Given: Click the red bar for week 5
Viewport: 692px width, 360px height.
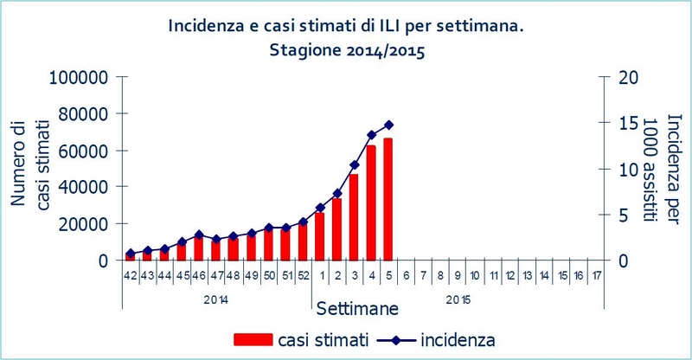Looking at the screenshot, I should (x=388, y=199).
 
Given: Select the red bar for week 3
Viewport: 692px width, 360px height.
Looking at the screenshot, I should (x=354, y=216).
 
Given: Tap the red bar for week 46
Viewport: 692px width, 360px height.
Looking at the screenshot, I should (x=199, y=247).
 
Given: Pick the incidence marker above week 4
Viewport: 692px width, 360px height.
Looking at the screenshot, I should (x=371, y=135).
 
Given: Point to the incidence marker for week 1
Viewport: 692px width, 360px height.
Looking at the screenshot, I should (x=320, y=208).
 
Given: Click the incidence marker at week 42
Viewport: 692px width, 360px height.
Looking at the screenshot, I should (x=130, y=254).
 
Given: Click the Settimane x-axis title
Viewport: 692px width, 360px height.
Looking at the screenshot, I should (x=356, y=308).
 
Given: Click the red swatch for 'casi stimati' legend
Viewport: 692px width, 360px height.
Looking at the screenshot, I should (x=250, y=338).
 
